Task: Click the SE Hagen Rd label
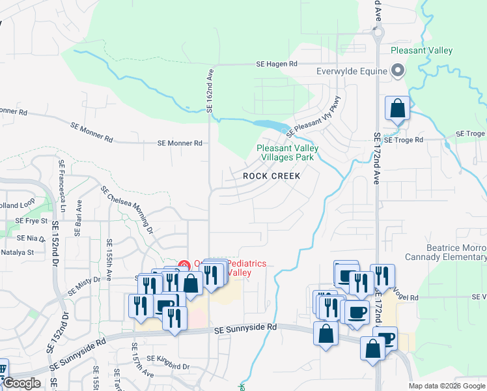pos(275,64)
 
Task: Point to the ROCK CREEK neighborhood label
pos(272,176)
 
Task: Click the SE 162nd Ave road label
pos(210,91)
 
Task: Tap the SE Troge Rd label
pos(403,139)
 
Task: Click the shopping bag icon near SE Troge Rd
pos(397,108)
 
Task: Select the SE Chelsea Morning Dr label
pos(127,209)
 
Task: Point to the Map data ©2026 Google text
pos(447,386)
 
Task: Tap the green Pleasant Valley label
pos(421,50)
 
